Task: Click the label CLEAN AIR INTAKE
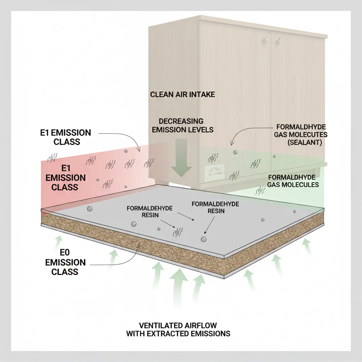[x=182, y=94]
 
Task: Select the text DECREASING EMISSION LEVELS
[x=182, y=125]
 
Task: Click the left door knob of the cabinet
[x=264, y=42]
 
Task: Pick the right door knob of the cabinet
[x=279, y=41]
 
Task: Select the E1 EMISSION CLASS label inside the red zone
[x=65, y=177]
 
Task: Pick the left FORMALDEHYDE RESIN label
[x=150, y=212]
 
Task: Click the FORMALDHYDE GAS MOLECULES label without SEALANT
[x=293, y=181]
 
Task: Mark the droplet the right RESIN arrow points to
[x=204, y=239]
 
